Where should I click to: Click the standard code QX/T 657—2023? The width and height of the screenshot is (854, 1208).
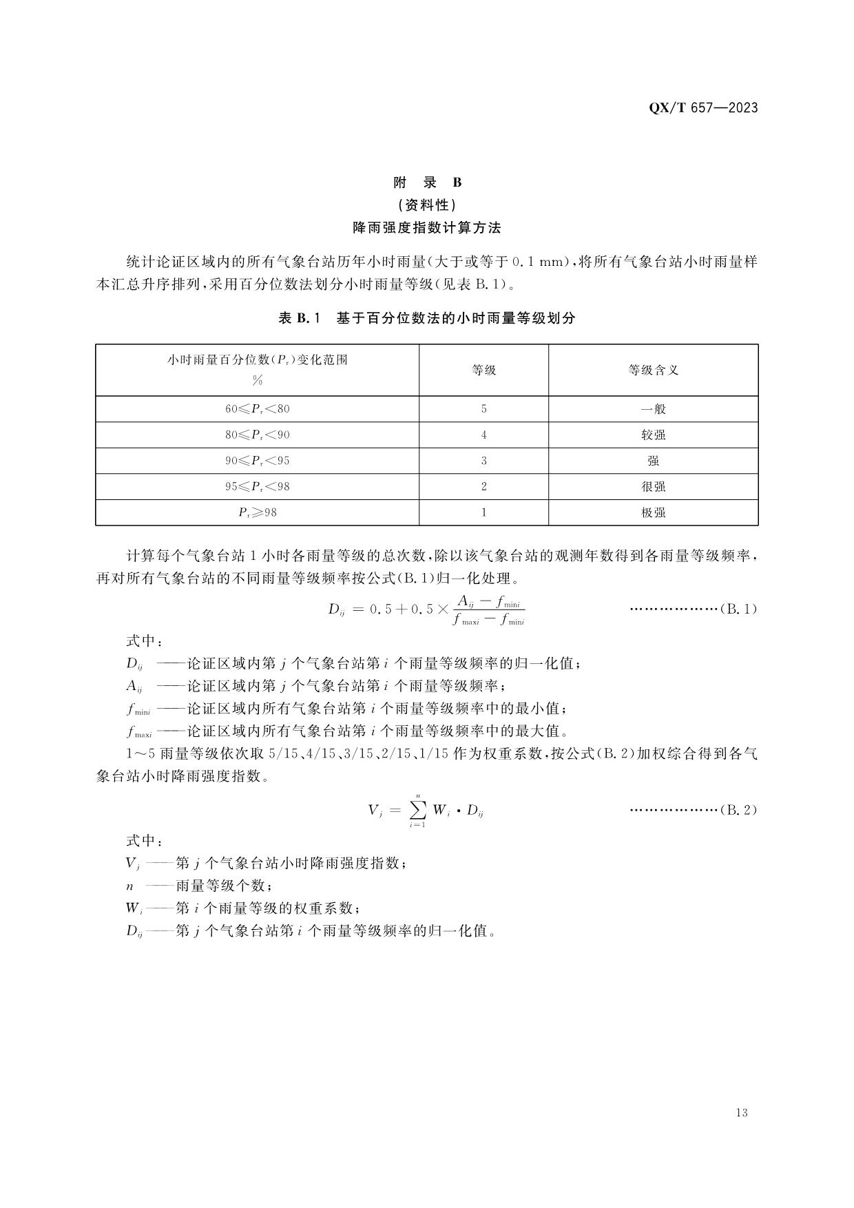coord(703,107)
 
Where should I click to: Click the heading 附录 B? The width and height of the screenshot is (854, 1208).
coord(427,183)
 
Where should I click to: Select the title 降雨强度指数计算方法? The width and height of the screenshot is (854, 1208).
coord(427,227)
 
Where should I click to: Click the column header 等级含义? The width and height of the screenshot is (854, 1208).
coord(653,370)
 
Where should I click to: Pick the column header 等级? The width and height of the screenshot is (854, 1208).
coord(483,370)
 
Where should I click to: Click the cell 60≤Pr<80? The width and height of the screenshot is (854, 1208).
coord(258,409)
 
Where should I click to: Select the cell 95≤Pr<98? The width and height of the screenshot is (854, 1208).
coord(258,487)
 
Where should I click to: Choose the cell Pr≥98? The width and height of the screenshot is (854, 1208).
coord(258,512)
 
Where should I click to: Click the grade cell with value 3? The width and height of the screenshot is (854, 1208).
coord(483,461)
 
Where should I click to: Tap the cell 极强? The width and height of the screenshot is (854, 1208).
coord(653,512)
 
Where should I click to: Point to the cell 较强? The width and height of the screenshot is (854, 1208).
coord(653,435)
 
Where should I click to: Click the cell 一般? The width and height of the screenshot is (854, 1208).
coord(653,409)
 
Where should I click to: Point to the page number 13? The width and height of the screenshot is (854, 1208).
coord(742,1112)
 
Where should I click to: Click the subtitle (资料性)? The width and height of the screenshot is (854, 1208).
coord(427,205)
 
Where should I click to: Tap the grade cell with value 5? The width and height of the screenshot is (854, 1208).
coord(483,409)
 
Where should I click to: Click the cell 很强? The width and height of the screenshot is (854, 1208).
coord(653,487)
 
